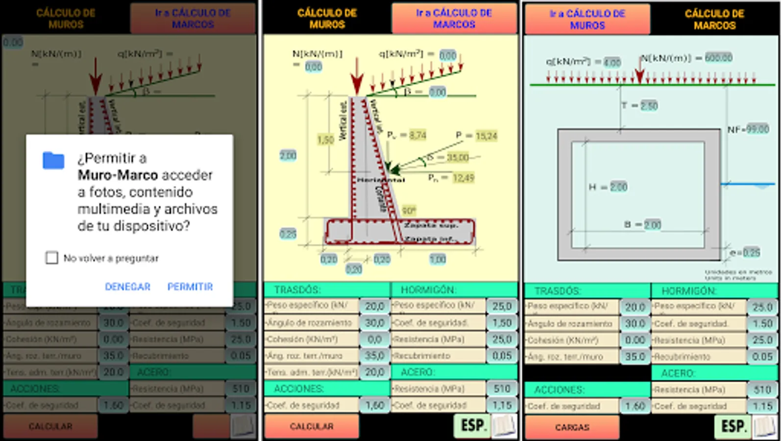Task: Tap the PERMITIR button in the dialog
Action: click(x=190, y=287)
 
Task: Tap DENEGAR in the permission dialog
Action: click(x=127, y=287)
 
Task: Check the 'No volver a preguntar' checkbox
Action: click(x=51, y=258)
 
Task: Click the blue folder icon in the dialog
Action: click(x=53, y=160)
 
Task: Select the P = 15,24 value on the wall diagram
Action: click(x=486, y=136)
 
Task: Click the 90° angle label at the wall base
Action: click(x=409, y=211)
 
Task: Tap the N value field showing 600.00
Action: click(x=718, y=58)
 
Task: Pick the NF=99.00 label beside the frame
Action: click(x=748, y=129)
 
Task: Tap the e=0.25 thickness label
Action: click(x=745, y=253)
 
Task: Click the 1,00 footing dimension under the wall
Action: click(x=438, y=259)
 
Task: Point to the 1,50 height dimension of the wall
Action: click(x=325, y=140)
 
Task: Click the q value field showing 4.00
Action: click(x=612, y=62)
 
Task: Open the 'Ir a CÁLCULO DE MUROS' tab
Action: click(x=587, y=20)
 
